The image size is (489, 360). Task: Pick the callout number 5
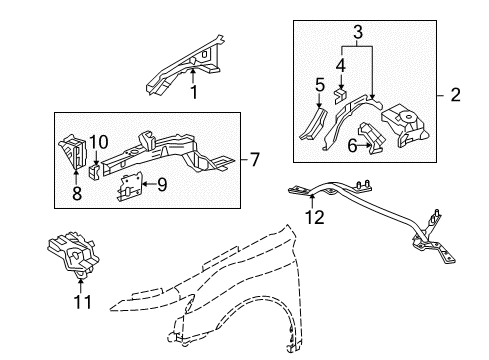tap(319, 86)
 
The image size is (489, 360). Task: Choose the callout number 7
tap(254, 160)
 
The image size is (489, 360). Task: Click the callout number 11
tap(79, 299)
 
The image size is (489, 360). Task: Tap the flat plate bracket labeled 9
tap(129, 185)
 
